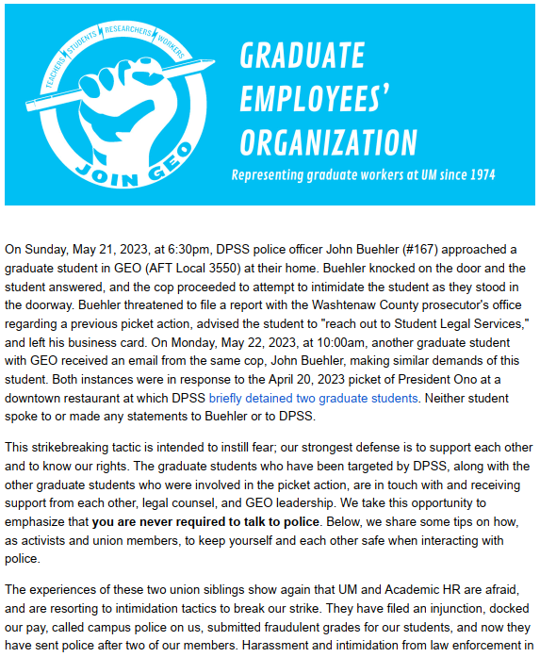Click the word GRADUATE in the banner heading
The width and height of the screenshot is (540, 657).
(302, 57)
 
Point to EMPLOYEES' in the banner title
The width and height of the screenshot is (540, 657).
(315, 99)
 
